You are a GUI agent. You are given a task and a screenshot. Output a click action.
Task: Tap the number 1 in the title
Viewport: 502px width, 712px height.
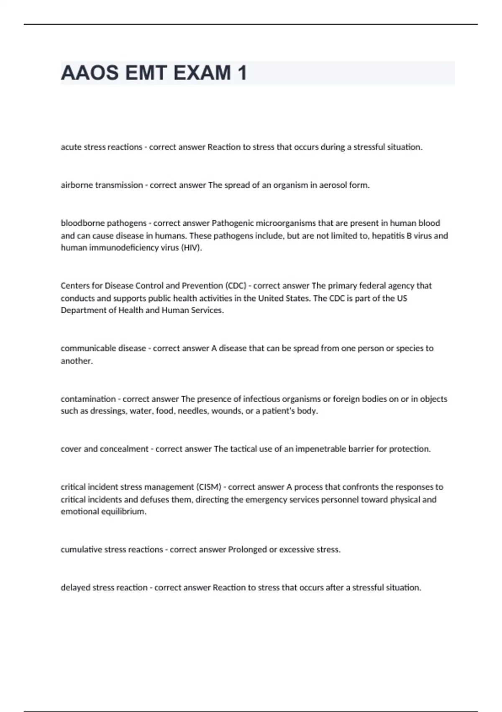pos(242,73)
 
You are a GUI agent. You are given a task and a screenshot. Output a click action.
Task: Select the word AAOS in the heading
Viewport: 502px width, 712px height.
pos(90,73)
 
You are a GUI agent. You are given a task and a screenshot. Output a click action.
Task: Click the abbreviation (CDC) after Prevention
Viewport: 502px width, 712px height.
pos(236,286)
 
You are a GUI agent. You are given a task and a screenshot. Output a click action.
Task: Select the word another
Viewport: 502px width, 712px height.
pos(76,361)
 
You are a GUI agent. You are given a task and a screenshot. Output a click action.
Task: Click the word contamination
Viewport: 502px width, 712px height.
pos(88,399)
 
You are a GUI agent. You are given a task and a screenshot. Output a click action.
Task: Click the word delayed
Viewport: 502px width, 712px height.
pos(75,588)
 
